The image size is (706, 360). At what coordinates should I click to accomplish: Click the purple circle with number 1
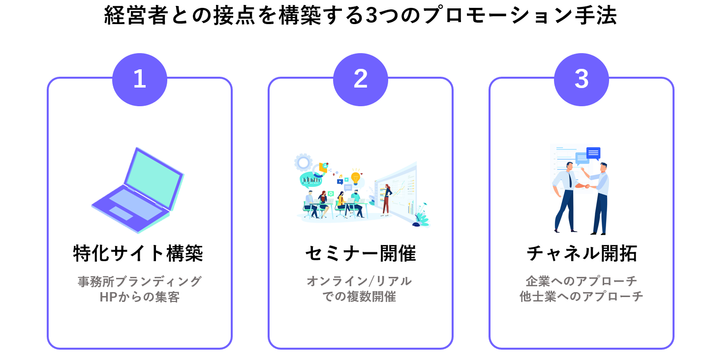(x=140, y=79)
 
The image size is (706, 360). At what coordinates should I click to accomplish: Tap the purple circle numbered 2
(x=361, y=79)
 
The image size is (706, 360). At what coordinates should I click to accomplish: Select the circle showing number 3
(x=582, y=79)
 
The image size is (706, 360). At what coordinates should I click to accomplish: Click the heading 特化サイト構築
(x=138, y=253)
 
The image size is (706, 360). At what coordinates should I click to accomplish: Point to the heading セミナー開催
(x=361, y=253)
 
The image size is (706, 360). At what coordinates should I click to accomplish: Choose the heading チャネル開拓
(x=582, y=253)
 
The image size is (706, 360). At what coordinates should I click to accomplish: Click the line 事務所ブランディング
(x=140, y=281)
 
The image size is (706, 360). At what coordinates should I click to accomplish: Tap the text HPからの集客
(x=140, y=297)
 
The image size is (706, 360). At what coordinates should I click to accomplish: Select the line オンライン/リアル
(x=359, y=281)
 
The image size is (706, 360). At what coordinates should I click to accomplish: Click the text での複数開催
(x=359, y=297)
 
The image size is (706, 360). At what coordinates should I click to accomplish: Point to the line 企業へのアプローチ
(x=582, y=281)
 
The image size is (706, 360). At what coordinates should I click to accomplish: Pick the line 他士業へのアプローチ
(x=582, y=297)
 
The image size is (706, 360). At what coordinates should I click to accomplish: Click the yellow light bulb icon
(x=356, y=178)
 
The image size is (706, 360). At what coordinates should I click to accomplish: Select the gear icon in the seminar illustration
(x=303, y=163)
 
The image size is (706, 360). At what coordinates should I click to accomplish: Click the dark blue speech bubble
(x=593, y=153)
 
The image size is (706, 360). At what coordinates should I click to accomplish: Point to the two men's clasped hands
(x=587, y=186)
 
